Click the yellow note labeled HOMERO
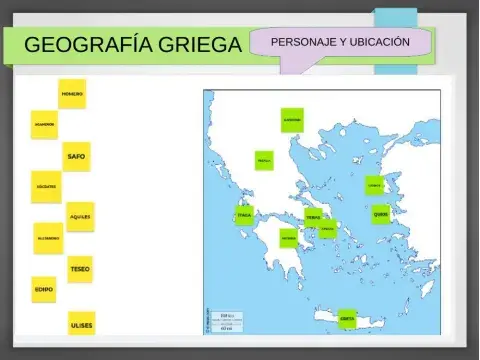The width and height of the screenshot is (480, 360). pyautogui.click(x=72, y=94)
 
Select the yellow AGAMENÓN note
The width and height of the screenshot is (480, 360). pyautogui.click(x=44, y=125)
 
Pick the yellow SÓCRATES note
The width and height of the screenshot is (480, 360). pyautogui.click(x=46, y=186)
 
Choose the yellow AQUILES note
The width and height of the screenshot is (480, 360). pyautogui.click(x=81, y=216)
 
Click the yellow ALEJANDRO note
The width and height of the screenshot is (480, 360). pyautogui.click(x=48, y=238)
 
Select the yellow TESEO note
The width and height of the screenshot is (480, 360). pyautogui.click(x=80, y=269)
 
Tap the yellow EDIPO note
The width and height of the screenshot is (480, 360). pyautogui.click(x=45, y=289)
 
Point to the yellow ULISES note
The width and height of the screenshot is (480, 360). pyautogui.click(x=81, y=325)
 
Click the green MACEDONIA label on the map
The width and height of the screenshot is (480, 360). pyautogui.click(x=292, y=120)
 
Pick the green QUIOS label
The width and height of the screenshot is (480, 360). pyautogui.click(x=380, y=213)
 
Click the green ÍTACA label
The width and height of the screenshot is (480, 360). pyautogui.click(x=244, y=215)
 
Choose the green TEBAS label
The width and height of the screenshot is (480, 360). pyautogui.click(x=314, y=217)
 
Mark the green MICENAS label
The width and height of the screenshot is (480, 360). pyautogui.click(x=289, y=239)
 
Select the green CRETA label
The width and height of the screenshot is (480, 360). pyautogui.click(x=347, y=319)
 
